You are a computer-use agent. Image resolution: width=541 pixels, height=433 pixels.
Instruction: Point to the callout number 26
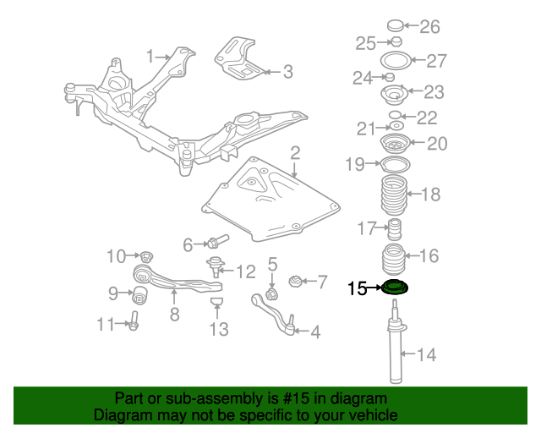(x=429, y=27)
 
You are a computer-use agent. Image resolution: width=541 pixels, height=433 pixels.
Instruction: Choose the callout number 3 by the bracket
(x=287, y=73)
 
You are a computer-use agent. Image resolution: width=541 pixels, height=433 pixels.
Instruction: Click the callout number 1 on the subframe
(x=150, y=57)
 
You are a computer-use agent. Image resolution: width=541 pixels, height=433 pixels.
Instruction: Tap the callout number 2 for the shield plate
(x=295, y=153)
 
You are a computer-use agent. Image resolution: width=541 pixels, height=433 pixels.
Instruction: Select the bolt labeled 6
(x=213, y=244)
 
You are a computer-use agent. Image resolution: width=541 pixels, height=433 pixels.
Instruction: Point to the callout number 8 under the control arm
(x=174, y=315)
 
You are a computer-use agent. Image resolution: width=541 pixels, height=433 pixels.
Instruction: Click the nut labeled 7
(x=296, y=281)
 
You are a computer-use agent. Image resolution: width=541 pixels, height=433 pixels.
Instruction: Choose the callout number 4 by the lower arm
(x=314, y=332)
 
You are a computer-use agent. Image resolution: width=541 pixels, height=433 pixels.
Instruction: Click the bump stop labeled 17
(x=392, y=229)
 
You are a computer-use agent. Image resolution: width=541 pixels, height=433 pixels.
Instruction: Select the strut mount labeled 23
(x=393, y=93)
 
